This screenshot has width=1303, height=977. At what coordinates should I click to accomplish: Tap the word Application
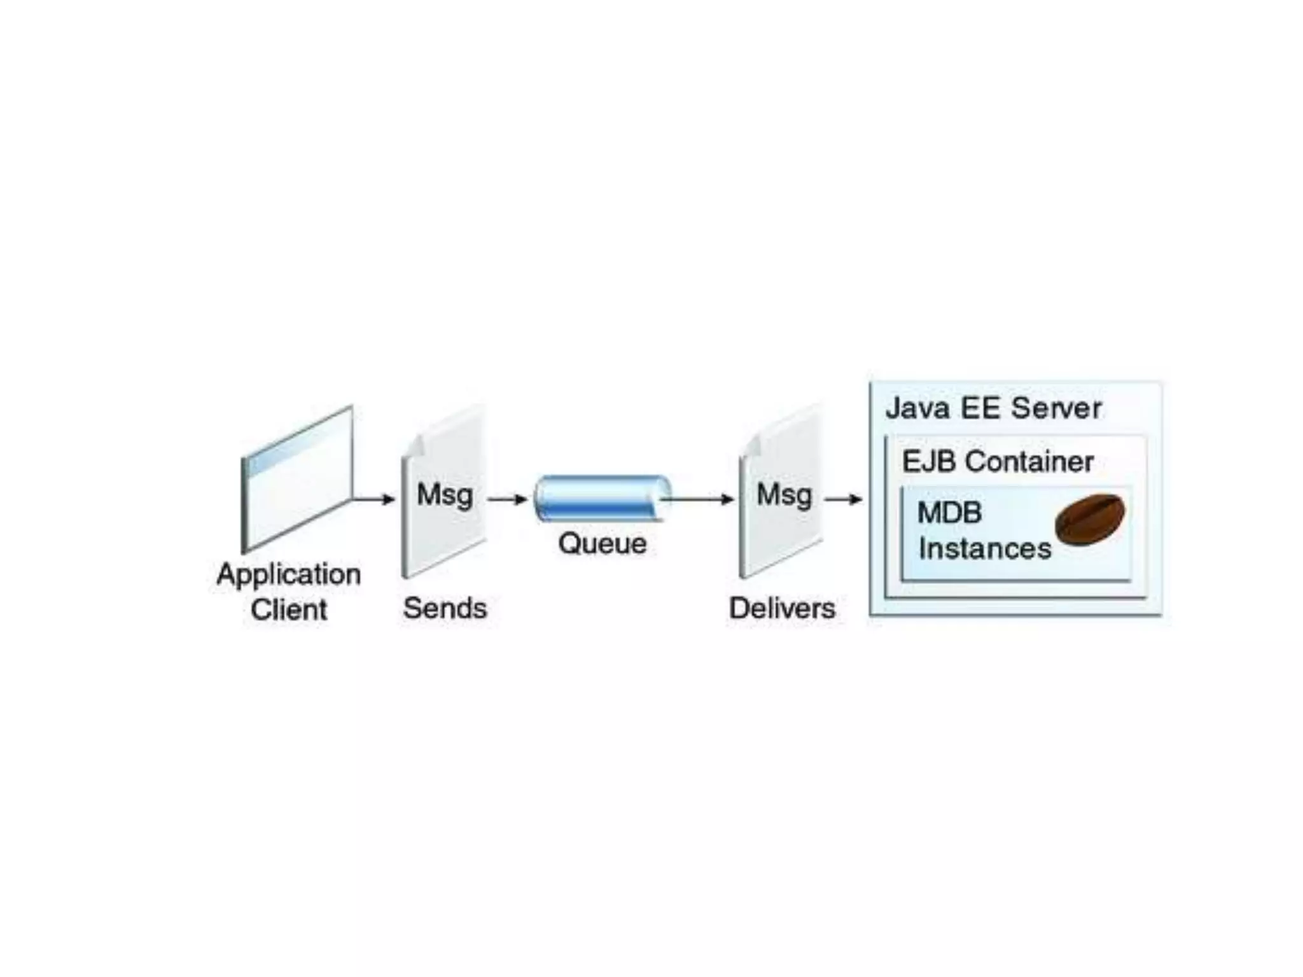pyautogui.click(x=289, y=574)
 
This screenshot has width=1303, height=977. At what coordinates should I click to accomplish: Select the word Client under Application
pyautogui.click(x=289, y=609)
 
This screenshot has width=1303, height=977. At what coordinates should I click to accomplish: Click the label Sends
pyautogui.click(x=445, y=608)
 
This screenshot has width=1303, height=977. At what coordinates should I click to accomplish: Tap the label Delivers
pyautogui.click(x=782, y=608)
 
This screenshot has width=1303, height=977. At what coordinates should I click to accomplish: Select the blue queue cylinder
pyautogui.click(x=601, y=499)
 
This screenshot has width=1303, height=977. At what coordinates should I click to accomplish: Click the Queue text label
pyautogui.click(x=602, y=543)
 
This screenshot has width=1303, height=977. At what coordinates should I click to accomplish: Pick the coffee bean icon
pyautogui.click(x=1090, y=519)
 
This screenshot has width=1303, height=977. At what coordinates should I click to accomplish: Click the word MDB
pyautogui.click(x=949, y=513)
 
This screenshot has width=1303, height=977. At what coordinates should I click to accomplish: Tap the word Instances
pyautogui.click(x=985, y=548)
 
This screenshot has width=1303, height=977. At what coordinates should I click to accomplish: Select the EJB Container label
pyautogui.click(x=998, y=461)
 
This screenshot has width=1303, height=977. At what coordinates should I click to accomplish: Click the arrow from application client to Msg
pyautogui.click(x=374, y=499)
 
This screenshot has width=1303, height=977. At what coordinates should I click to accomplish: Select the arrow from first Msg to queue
pyautogui.click(x=507, y=499)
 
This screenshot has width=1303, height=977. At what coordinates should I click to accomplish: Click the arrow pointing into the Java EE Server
pyautogui.click(x=844, y=499)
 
